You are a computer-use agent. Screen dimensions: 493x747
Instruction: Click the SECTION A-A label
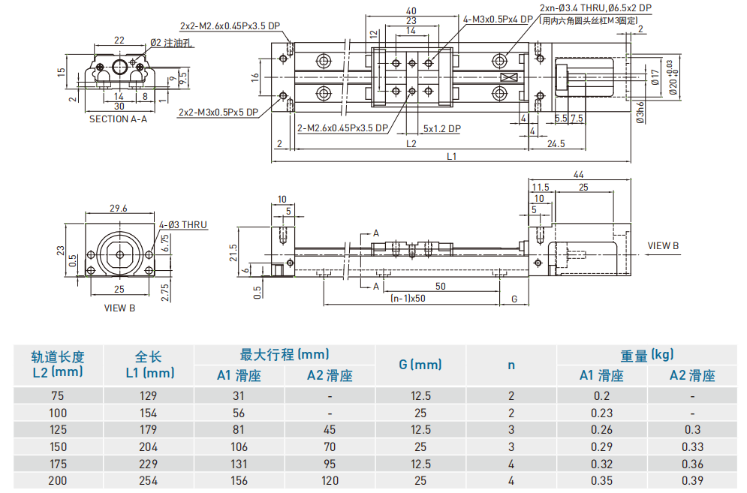pyautogui.click(x=118, y=119)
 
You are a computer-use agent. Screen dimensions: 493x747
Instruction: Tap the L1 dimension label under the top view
pyautogui.click(x=451, y=156)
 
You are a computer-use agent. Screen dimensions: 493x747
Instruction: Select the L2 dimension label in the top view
pyautogui.click(x=411, y=143)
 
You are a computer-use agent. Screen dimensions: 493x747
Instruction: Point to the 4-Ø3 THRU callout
pyautogui.click(x=182, y=224)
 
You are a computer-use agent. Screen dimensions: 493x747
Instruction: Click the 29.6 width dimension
pyautogui.click(x=118, y=209)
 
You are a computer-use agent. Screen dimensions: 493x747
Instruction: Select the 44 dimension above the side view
pyautogui.click(x=578, y=174)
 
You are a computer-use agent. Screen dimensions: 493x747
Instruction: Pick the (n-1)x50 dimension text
pyautogui.click(x=408, y=299)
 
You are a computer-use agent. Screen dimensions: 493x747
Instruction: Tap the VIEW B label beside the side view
pyautogui.click(x=663, y=245)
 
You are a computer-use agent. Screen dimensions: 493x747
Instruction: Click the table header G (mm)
pyautogui.click(x=420, y=365)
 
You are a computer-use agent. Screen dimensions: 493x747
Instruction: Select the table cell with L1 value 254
pyautogui.click(x=148, y=480)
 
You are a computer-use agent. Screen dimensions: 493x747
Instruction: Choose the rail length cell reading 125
pyautogui.click(x=58, y=429)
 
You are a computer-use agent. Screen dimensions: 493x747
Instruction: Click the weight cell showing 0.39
pyautogui.click(x=691, y=480)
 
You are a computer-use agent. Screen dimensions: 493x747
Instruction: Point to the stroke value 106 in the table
pyautogui.click(x=239, y=446)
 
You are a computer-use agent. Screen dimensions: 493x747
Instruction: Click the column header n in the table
pyautogui.click(x=511, y=365)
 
